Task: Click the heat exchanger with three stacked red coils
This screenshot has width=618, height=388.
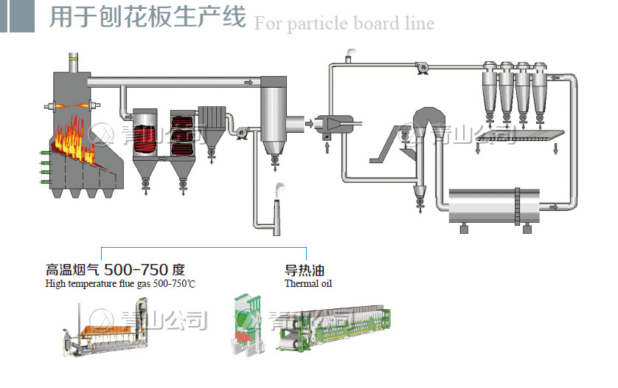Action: [181, 134]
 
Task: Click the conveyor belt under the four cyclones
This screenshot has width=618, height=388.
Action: [519, 136]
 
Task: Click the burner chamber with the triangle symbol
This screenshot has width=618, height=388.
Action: [330, 123]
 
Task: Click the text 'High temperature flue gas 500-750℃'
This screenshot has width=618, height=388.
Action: [120, 283]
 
